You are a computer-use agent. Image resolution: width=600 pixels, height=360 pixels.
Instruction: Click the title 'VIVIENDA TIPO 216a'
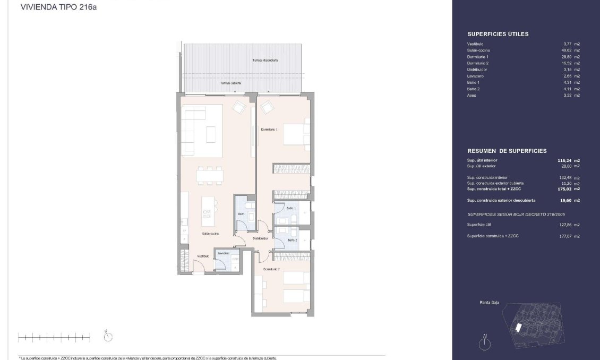pyautogui.click(x=58, y=7)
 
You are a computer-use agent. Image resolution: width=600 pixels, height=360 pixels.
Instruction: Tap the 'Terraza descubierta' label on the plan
pyautogui.click(x=265, y=61)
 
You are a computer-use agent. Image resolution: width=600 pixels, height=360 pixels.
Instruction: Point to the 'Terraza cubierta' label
pyautogui.click(x=231, y=83)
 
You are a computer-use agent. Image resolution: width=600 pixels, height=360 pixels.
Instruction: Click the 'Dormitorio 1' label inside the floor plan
pyautogui.click(x=269, y=130)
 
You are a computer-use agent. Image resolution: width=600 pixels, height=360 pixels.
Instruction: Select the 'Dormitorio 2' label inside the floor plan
pyautogui.click(x=271, y=270)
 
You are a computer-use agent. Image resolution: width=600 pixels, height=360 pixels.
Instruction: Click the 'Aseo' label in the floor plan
pyautogui.click(x=241, y=214)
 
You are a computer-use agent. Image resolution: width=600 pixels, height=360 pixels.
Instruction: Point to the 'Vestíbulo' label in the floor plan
pyautogui.click(x=202, y=256)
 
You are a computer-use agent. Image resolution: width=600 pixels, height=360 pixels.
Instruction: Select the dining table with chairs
pyautogui.click(x=209, y=175)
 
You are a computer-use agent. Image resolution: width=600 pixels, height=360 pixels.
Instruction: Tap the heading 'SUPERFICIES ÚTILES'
pyautogui.click(x=498, y=34)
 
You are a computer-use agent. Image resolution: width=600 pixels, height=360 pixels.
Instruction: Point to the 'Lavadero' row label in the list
pyautogui.click(x=475, y=76)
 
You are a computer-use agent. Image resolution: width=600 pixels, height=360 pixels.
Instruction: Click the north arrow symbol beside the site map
pyautogui.click(x=484, y=342)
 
